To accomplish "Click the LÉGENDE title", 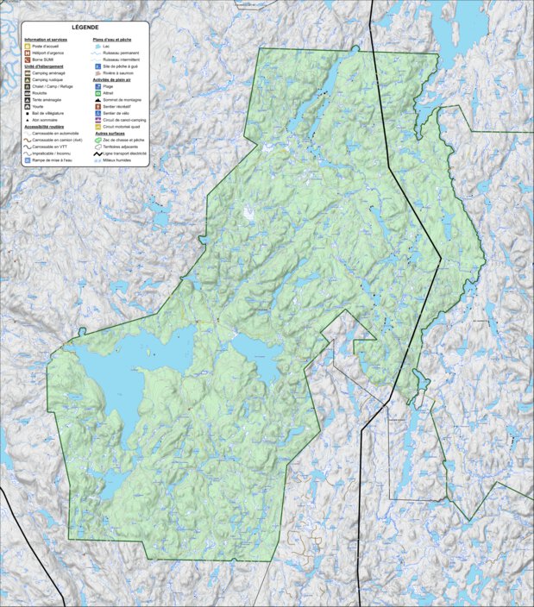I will [85, 28].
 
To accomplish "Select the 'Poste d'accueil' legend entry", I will [46, 47].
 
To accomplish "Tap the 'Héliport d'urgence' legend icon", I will [28, 53].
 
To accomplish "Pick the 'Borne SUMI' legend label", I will [43, 59].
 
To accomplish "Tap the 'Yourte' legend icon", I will [28, 106].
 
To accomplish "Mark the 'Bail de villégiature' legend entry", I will [48, 113].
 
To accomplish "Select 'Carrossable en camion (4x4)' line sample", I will [28, 141].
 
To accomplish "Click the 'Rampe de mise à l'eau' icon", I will [28, 160].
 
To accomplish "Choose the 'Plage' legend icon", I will [97, 86].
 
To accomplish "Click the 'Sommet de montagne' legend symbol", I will [97, 100].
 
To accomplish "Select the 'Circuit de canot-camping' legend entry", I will [123, 120].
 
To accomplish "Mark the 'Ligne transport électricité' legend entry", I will [97, 153].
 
